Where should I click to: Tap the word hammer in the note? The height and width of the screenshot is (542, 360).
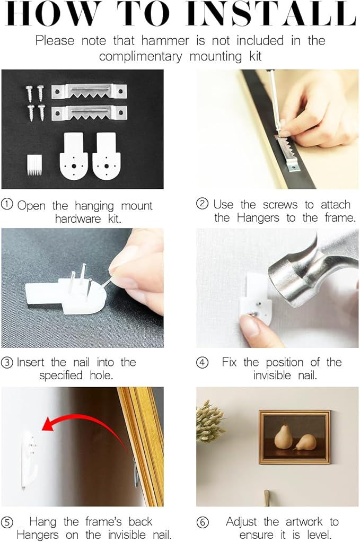[165, 40]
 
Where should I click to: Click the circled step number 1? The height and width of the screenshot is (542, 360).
[7, 204]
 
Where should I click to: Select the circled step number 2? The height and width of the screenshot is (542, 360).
[203, 204]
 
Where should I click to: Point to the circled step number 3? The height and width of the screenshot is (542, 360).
[7, 363]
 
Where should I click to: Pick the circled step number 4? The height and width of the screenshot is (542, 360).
[203, 363]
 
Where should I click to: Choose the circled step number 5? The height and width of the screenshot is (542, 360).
[7, 522]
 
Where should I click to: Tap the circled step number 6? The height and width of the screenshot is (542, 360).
[203, 522]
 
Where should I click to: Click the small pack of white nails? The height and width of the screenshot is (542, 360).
[34, 164]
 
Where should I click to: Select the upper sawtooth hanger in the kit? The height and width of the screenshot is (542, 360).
[89, 92]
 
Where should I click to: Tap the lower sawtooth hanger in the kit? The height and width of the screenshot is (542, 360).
[89, 113]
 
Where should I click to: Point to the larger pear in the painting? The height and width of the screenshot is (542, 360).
[283, 436]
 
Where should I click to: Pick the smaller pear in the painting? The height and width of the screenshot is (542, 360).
[306, 442]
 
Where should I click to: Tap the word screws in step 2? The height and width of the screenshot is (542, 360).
[280, 205]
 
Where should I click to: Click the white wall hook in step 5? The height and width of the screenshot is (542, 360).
[30, 458]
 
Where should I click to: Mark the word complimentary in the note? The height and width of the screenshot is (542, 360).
[141, 57]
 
